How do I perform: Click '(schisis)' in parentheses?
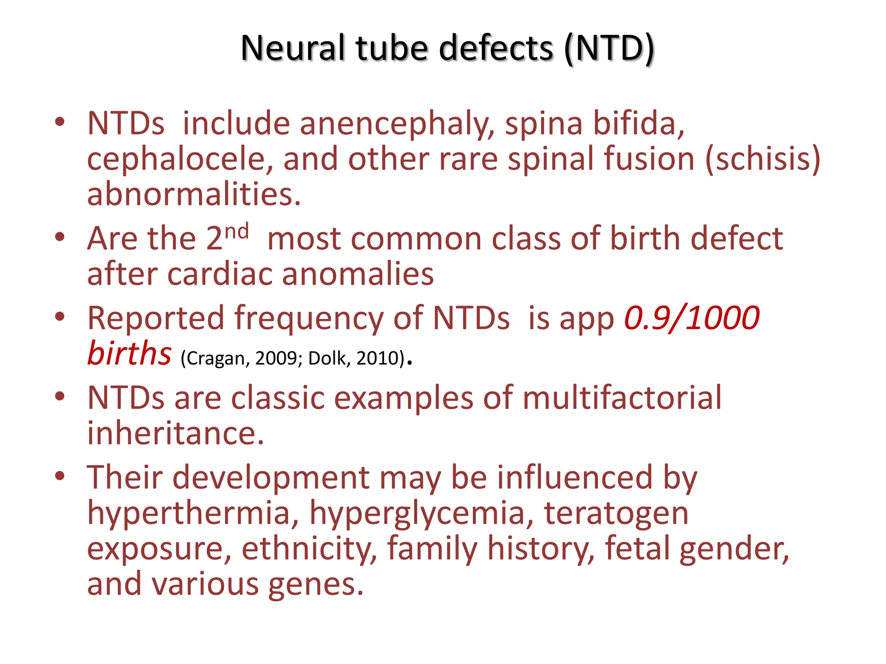click(763, 160)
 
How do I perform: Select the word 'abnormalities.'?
click(194, 194)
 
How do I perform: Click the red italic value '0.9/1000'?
click(692, 319)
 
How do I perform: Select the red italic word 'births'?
click(129, 354)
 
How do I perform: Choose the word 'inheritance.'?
click(175, 433)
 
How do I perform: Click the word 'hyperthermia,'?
click(193, 514)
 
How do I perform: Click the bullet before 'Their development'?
click(60, 476)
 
